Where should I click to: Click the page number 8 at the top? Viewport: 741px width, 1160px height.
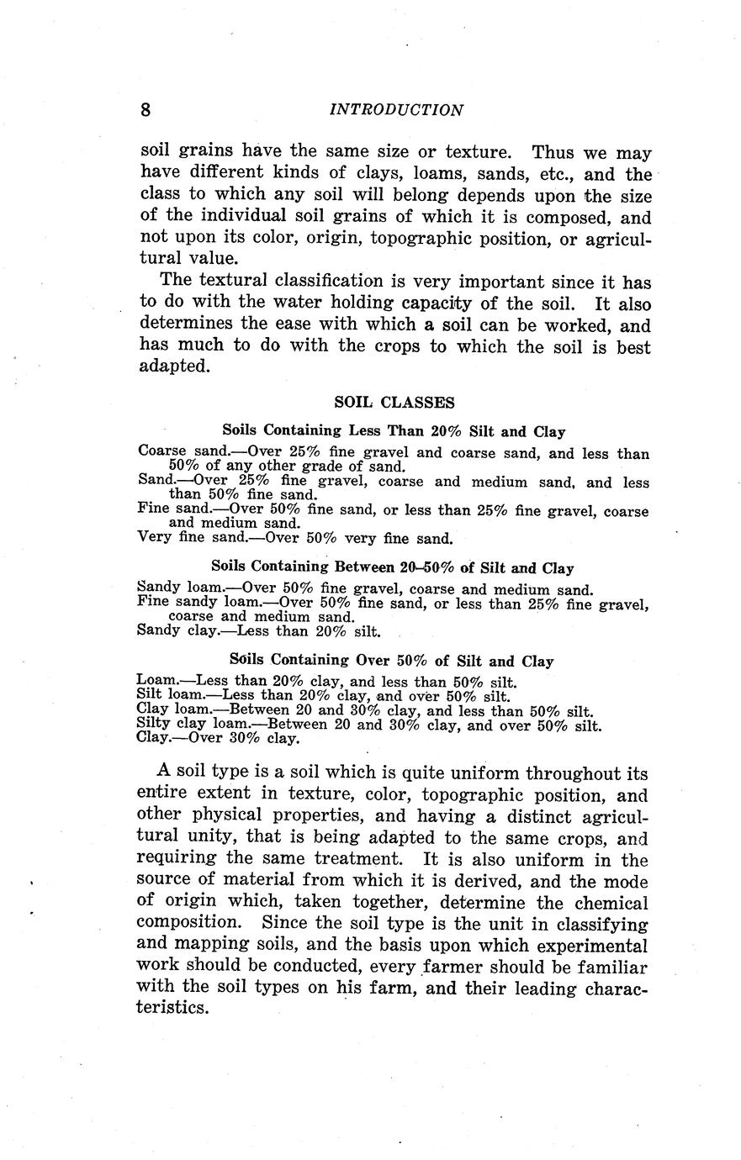(x=146, y=109)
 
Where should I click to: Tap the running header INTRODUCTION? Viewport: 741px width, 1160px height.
(x=395, y=110)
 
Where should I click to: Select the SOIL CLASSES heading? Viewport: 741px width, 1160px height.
(x=394, y=403)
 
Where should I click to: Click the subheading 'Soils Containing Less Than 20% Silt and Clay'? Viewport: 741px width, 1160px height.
(x=394, y=431)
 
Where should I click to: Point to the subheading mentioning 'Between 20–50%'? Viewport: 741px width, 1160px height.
(x=393, y=567)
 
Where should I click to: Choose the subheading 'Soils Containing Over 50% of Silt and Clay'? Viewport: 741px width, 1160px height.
(x=392, y=662)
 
